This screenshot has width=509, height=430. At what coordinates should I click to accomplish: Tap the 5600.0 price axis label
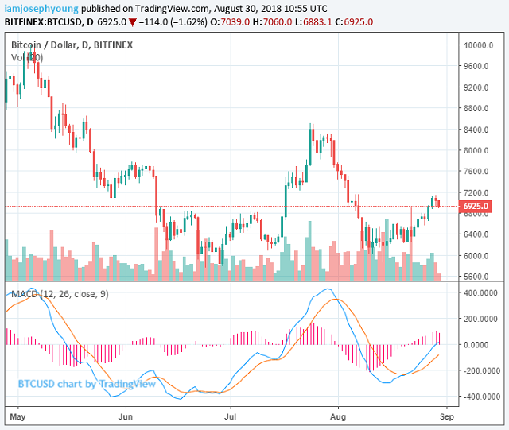click(x=477, y=277)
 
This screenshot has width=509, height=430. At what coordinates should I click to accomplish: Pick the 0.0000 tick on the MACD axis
click(x=484, y=344)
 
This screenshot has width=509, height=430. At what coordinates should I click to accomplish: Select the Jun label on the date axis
click(x=126, y=416)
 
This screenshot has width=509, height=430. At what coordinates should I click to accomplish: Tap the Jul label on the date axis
click(x=231, y=416)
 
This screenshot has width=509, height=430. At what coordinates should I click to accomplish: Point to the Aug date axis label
click(x=340, y=416)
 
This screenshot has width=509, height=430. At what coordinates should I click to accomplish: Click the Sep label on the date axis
click(x=446, y=416)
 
